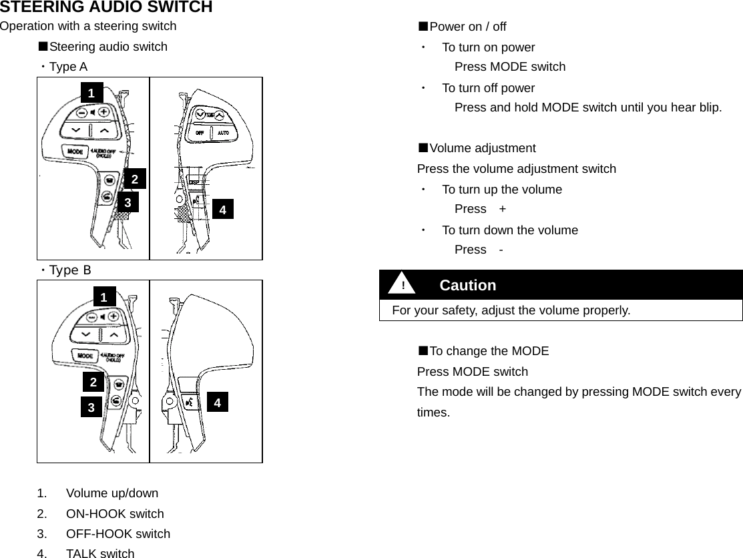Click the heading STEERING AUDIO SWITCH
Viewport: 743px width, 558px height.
point(106,7)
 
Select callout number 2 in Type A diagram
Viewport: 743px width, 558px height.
point(135,179)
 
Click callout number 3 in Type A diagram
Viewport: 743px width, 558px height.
point(128,201)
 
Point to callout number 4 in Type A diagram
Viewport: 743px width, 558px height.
point(223,210)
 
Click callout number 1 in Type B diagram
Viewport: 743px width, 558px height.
point(103,297)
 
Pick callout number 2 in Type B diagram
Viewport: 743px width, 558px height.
point(93,382)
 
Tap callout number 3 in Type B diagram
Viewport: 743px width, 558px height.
point(91,406)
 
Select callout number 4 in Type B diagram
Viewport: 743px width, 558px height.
point(217,402)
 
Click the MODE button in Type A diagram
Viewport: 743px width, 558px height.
point(75,152)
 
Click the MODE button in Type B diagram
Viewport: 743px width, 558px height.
point(85,355)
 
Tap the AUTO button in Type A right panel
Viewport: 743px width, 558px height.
point(224,133)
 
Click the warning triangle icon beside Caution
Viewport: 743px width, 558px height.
point(403,285)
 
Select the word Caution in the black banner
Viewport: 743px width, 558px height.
point(468,285)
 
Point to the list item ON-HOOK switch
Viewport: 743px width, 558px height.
point(115,513)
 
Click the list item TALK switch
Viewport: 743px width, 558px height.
point(100,553)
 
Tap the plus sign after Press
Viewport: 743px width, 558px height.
point(502,209)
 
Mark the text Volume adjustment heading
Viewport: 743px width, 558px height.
point(482,148)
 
